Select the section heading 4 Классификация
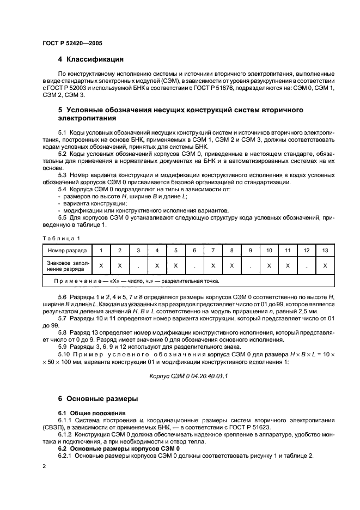(x=91, y=59)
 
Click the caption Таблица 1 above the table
(x=62, y=238)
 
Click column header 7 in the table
(x=213, y=250)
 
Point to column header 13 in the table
(x=325, y=250)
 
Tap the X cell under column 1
(x=101, y=265)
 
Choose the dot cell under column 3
(x=138, y=265)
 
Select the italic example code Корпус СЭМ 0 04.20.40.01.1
(x=188, y=376)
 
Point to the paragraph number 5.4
(x=63, y=189)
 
